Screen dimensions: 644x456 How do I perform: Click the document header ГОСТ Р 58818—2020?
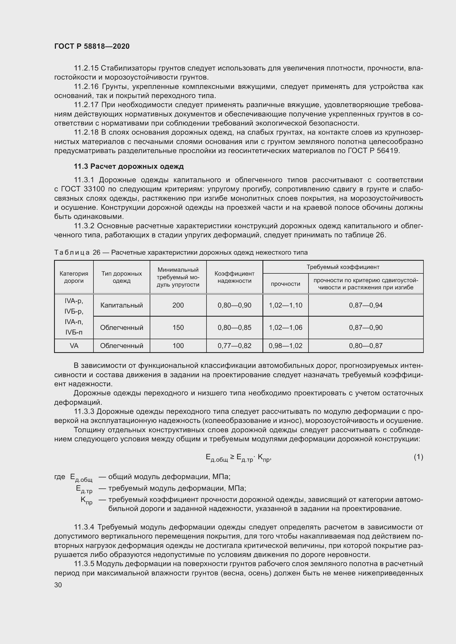tap(92, 46)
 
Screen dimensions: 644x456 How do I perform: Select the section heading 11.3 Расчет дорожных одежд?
tap(128, 166)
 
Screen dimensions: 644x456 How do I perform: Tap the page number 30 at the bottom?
tap(58, 585)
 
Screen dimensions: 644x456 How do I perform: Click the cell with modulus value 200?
tap(178, 305)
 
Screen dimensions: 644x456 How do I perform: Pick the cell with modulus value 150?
tap(178, 327)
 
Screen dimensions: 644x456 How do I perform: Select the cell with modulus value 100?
tap(178, 346)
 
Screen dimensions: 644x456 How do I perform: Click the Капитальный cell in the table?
tap(122, 305)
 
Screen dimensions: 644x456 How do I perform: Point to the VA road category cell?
tap(74, 346)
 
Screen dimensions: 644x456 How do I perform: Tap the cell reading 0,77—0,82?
tap(234, 346)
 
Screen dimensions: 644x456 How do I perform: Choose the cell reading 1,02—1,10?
tap(286, 305)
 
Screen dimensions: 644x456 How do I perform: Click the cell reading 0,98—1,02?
tap(286, 346)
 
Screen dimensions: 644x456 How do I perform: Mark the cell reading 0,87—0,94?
tap(366, 305)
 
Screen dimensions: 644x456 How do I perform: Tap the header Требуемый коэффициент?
tap(343, 267)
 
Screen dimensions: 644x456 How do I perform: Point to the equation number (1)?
tap(418, 457)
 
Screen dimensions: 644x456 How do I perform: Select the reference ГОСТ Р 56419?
tap(373, 151)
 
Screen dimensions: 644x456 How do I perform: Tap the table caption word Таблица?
tap(72, 252)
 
